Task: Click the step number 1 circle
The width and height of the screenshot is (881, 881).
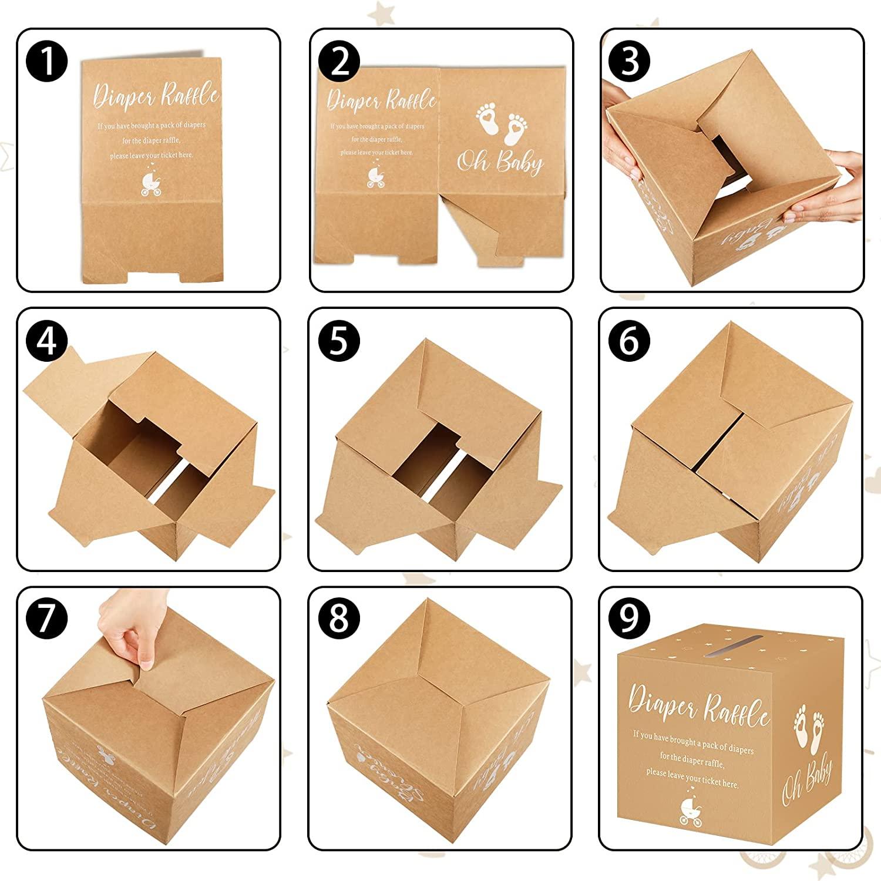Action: pos(47,62)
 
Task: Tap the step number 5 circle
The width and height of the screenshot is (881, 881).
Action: pos(339,341)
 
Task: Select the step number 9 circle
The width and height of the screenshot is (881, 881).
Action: pos(629,618)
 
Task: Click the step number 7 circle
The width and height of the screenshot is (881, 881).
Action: pos(47,618)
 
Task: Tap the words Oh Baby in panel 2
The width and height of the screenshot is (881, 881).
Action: pos(500,162)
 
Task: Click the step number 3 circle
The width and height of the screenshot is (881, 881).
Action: pos(630,62)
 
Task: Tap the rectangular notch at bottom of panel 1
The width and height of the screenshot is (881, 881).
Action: pos(150,276)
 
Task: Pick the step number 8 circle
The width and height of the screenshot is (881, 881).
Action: pos(339,618)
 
